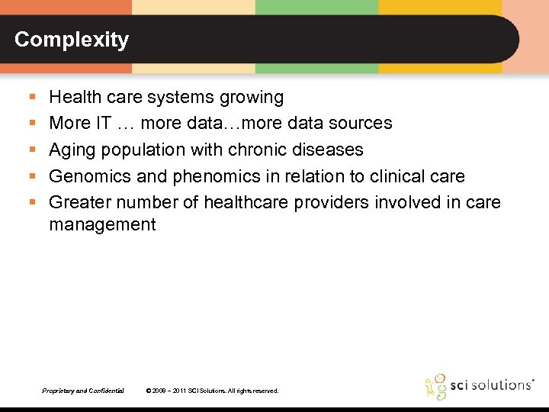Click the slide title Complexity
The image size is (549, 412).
72,40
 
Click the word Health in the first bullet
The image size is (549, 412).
72,97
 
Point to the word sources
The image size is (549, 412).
359,123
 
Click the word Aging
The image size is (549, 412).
71,150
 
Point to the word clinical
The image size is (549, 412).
400,176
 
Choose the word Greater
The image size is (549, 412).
79,202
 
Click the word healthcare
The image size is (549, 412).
262,202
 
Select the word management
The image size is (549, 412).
102,224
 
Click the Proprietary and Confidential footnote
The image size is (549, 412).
83,391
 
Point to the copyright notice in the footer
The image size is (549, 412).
212,391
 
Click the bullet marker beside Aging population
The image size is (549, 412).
31,150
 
